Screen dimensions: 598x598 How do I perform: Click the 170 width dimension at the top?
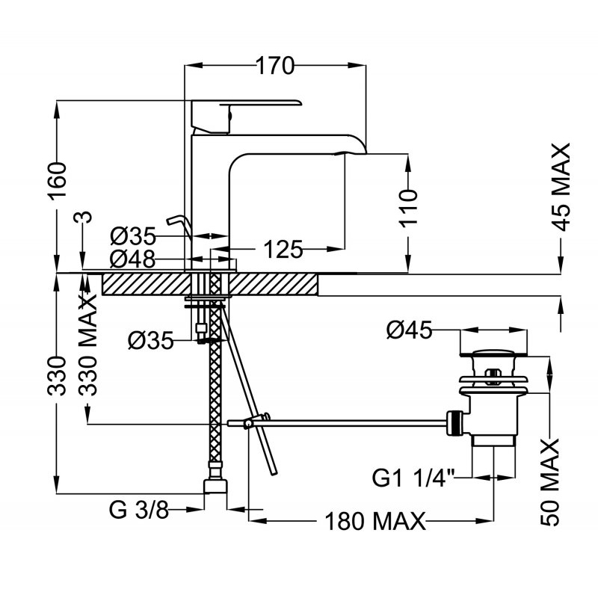click(x=275, y=67)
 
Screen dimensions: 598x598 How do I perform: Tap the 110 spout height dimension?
click(x=407, y=209)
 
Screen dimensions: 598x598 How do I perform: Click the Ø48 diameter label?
click(x=132, y=259)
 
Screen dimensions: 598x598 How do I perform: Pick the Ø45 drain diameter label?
click(x=410, y=330)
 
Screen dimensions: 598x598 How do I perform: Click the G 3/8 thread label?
click(x=139, y=511)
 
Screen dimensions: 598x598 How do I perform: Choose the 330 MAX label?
click(x=89, y=348)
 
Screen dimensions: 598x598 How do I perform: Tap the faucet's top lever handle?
click(x=247, y=104)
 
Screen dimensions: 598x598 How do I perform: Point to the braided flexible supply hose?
click(x=216, y=389)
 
